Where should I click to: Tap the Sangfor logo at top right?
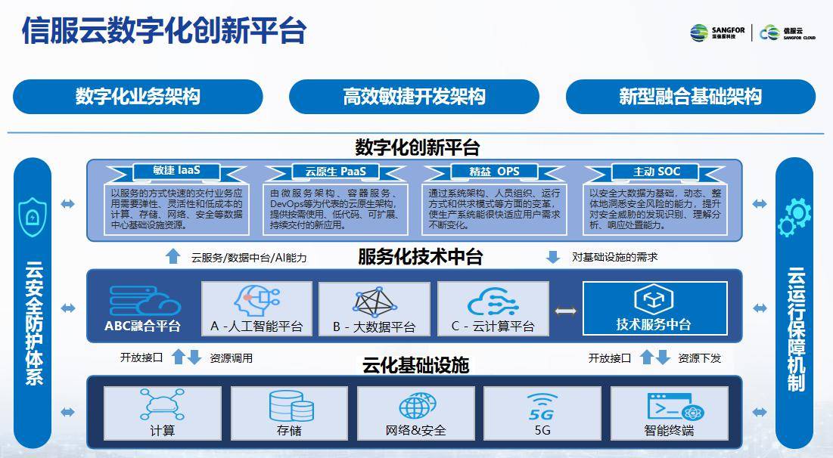point(717,32)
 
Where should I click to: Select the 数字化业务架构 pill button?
point(138,97)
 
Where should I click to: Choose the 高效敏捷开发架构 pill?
point(414,97)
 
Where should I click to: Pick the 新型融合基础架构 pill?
point(690,97)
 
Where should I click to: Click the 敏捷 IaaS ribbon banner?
point(176,171)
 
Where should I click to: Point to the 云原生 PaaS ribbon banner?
point(335,171)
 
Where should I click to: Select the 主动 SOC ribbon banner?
point(656,171)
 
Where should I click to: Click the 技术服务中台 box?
point(654,308)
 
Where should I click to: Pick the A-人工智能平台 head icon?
point(256,301)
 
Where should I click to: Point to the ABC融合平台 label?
point(143,326)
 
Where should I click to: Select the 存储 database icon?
point(291,406)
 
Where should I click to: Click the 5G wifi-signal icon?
point(542,404)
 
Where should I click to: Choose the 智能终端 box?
point(669,413)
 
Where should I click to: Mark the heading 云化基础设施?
point(415,366)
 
